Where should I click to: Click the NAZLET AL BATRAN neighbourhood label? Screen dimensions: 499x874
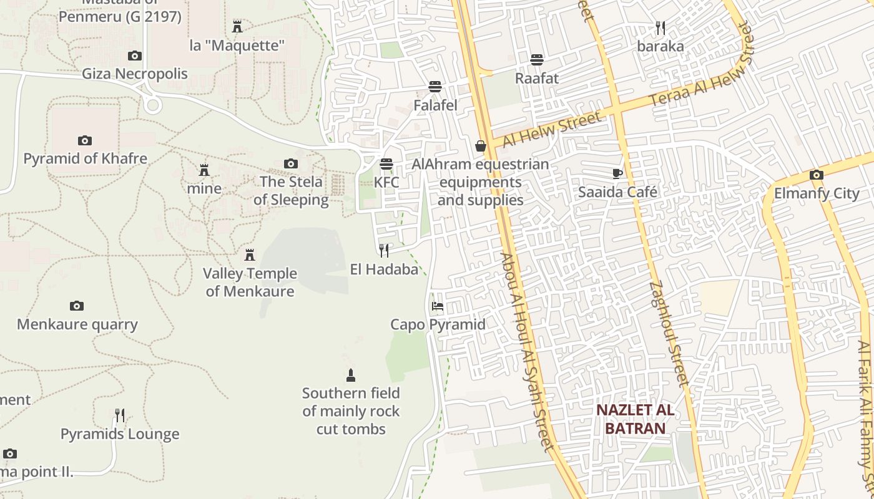pyautogui.click(x=634, y=419)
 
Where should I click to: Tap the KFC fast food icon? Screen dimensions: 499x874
pyautogui.click(x=386, y=164)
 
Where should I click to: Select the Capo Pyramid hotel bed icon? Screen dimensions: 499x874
pyautogui.click(x=438, y=306)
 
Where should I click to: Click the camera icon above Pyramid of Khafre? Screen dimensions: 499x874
pyautogui.click(x=85, y=140)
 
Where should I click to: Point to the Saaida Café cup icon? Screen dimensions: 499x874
pyautogui.click(x=617, y=173)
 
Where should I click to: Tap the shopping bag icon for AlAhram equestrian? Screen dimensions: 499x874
pyautogui.click(x=480, y=146)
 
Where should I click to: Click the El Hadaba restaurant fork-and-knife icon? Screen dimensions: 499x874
pyautogui.click(x=384, y=251)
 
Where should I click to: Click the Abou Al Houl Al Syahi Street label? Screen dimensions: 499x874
pyautogui.click(x=527, y=351)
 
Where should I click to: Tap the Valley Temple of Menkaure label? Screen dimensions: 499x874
pyautogui.click(x=250, y=282)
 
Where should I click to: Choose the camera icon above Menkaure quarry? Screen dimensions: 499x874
pyautogui.click(x=77, y=306)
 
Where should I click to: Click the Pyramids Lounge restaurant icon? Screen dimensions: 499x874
pyautogui.click(x=120, y=415)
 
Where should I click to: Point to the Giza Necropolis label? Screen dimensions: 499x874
pyautogui.click(x=135, y=74)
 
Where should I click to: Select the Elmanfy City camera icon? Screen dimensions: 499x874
pyautogui.click(x=816, y=175)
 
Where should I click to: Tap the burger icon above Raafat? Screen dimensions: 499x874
pyautogui.click(x=537, y=60)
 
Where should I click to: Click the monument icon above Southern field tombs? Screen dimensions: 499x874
pyautogui.click(x=351, y=375)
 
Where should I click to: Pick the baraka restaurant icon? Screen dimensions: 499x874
pyautogui.click(x=660, y=28)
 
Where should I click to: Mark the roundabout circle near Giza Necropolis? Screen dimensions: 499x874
pyautogui.click(x=152, y=104)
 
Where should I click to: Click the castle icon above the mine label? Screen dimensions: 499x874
pyautogui.click(x=204, y=170)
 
